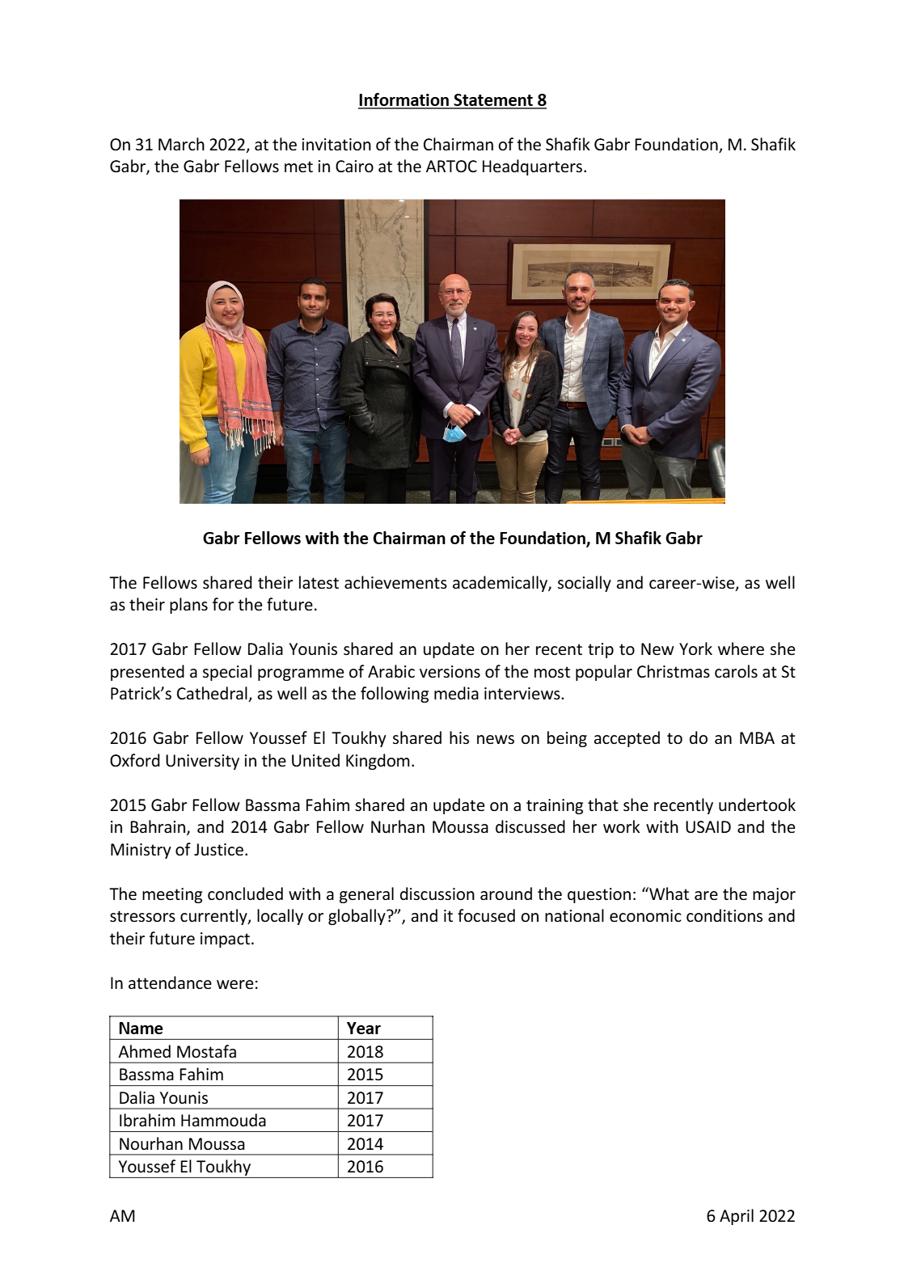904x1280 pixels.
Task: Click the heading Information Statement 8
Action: (452, 100)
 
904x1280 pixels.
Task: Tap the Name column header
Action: (141, 1028)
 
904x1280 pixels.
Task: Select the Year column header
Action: (363, 1028)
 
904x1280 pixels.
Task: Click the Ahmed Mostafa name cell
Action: (178, 1051)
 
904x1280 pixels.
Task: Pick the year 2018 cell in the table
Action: (365, 1051)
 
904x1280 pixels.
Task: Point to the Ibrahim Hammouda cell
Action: (192, 1120)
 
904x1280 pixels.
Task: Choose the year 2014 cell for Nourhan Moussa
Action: (365, 1143)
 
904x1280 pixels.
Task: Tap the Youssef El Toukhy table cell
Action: (185, 1166)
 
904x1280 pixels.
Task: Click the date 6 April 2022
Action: (750, 1215)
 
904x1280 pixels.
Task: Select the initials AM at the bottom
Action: (123, 1215)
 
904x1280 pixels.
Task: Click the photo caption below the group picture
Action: (452, 539)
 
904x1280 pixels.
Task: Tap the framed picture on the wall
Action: (590, 270)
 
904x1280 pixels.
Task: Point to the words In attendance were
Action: (184, 983)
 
